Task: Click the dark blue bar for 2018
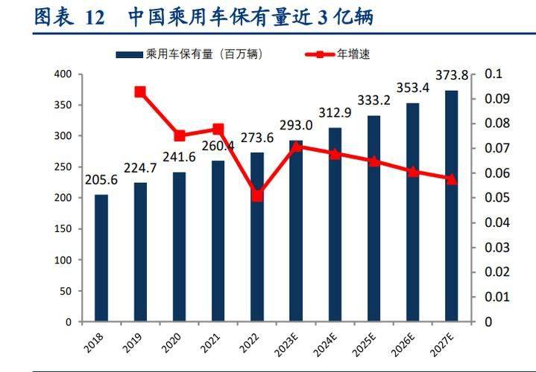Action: pos(101,258)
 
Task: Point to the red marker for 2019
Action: pos(140,92)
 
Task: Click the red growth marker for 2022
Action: pos(257,196)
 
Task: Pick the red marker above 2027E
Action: pos(452,179)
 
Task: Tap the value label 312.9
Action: pos(335,112)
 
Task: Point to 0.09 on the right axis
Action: pos(496,99)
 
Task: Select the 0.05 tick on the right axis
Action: pos(496,198)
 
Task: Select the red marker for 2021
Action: pos(218,129)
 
